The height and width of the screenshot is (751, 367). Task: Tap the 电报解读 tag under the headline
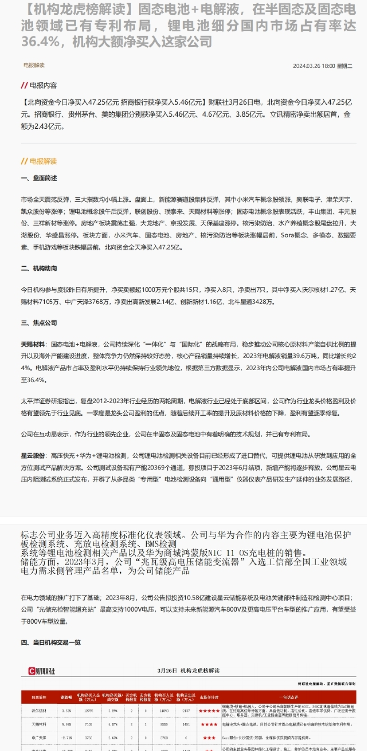34,65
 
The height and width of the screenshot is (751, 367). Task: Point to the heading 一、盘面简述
39,178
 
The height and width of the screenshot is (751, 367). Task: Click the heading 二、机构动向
39,268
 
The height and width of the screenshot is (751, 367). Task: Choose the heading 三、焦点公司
39,323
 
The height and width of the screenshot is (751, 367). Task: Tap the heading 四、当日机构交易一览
51,642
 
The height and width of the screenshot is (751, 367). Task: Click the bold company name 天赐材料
33,344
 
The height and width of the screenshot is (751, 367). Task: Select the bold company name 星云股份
33,456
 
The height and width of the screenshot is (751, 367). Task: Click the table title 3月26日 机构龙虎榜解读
188,671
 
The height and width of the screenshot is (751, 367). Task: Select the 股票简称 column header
39,697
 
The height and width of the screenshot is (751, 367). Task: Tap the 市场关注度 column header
209,697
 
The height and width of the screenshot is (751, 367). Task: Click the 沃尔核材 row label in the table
39,710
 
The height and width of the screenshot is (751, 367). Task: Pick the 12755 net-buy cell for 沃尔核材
89,710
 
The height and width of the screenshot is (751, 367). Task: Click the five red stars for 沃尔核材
209,711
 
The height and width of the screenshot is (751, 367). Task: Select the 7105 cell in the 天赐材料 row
89,724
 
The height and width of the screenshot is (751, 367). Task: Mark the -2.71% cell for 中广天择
66,738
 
